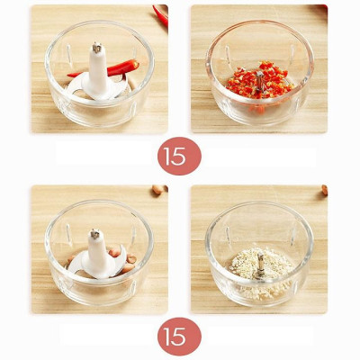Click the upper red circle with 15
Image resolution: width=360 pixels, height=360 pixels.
179,156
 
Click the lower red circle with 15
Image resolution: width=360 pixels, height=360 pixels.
179,337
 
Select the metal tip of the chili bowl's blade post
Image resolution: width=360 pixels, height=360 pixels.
96,48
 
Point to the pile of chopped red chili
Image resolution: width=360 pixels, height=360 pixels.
260,80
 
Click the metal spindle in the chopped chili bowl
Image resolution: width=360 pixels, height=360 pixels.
260,80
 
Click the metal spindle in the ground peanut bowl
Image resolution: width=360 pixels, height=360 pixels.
260,263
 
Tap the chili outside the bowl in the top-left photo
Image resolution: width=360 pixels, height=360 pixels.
160,15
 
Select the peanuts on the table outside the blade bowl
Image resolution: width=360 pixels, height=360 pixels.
159,190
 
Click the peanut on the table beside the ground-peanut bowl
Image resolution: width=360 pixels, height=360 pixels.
325,190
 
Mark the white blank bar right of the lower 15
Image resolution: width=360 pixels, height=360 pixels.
260,336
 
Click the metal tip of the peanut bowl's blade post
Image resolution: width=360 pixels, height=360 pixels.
94,234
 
